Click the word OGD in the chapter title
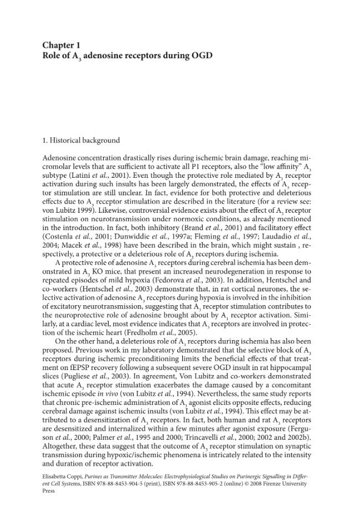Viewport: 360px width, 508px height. pos(200,55)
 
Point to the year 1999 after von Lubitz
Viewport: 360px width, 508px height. pos(80,211)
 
